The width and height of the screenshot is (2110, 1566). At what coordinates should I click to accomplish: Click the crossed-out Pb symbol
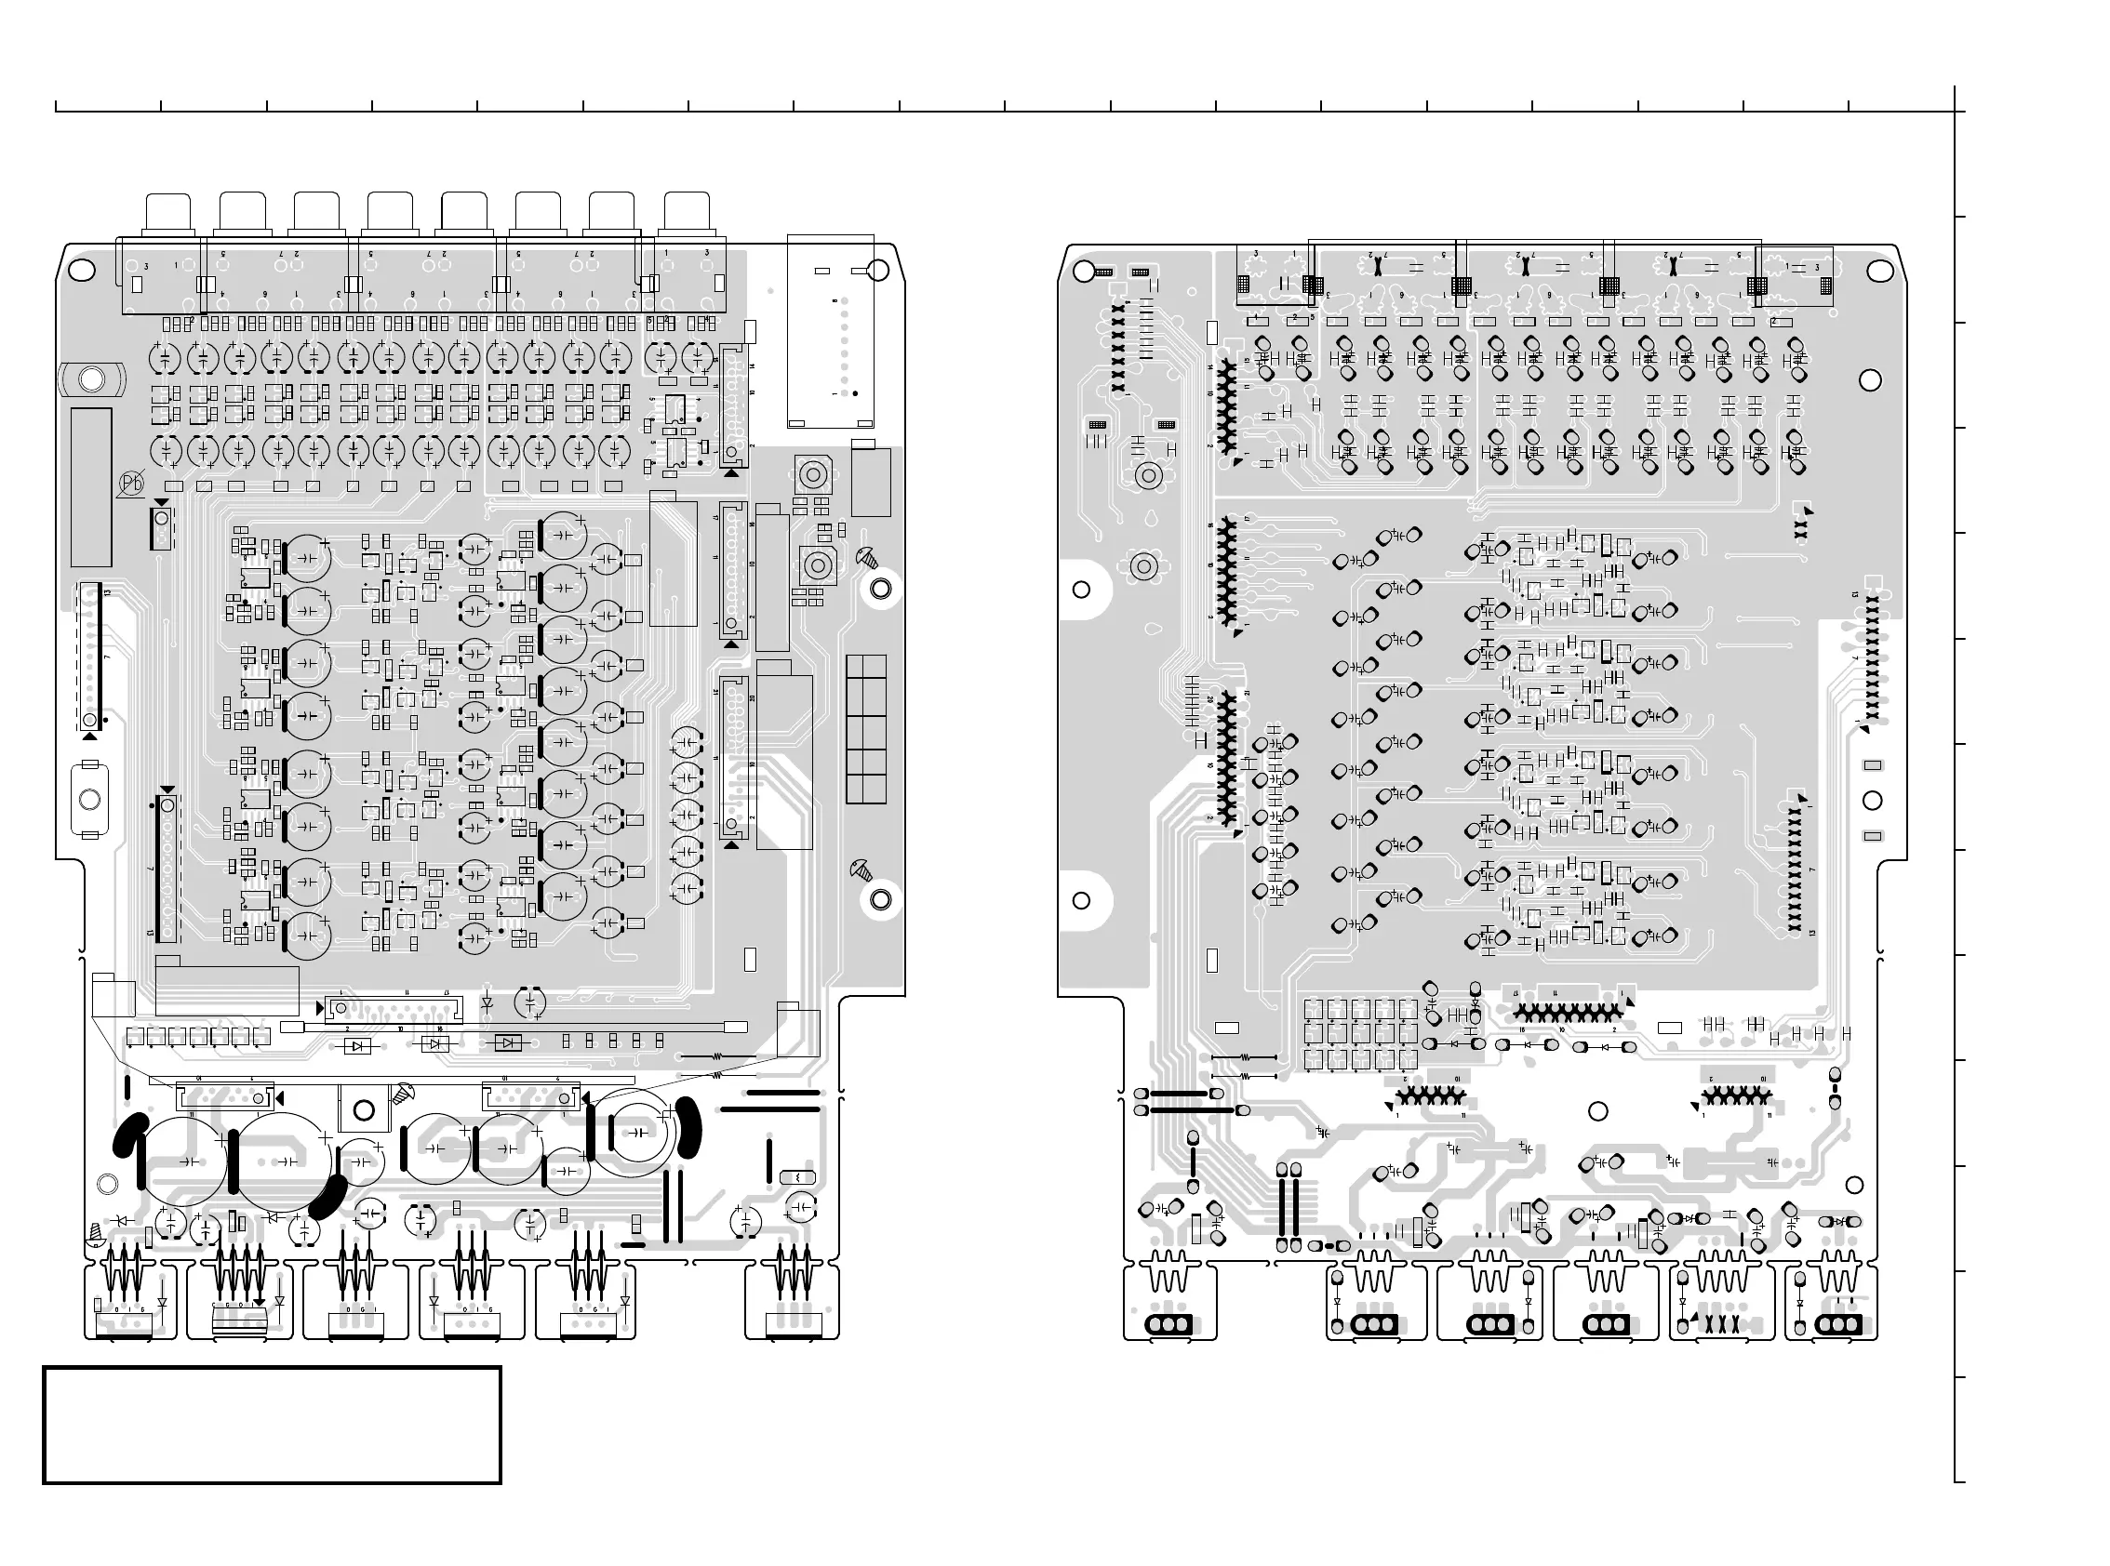click(131, 484)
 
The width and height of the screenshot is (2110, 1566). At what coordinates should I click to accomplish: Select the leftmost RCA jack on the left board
click(168, 212)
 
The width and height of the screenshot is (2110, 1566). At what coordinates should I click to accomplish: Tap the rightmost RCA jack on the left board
click(687, 212)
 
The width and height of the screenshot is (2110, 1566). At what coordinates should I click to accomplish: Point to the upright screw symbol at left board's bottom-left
click(96, 1232)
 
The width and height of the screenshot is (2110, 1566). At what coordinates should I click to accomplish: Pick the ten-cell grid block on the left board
click(866, 729)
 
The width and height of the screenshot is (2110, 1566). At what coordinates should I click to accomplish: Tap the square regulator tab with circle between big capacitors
click(364, 1110)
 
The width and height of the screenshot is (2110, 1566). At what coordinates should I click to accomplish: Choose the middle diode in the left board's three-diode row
click(435, 1043)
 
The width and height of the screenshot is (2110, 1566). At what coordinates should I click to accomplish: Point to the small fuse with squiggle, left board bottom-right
click(797, 1177)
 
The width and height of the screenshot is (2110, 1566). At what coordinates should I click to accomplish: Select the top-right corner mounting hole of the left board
click(877, 272)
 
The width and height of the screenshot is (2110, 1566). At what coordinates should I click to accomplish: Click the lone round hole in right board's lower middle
click(1598, 1112)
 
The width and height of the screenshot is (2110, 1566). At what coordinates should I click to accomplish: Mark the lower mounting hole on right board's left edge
click(1080, 900)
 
